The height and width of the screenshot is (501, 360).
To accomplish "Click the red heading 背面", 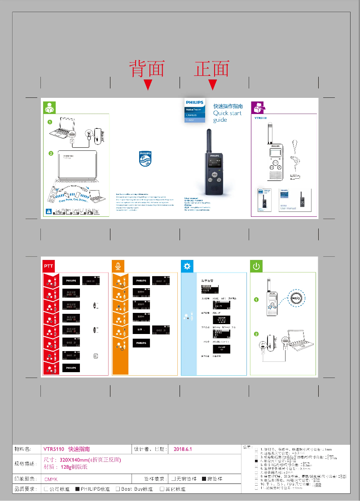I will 147,69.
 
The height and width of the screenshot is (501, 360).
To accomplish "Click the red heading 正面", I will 212,69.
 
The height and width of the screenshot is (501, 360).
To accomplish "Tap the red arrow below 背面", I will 148,84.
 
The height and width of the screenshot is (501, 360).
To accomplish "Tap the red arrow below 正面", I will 213,84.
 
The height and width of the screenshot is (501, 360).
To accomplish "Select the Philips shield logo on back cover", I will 145,158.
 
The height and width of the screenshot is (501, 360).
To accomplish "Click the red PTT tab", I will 48,266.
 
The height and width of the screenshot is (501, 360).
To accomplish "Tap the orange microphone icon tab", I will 118,266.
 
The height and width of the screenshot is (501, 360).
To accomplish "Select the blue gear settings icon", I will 187,266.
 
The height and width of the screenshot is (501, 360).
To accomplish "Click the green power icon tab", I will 256,266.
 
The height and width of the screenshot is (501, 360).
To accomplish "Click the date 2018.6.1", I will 183,449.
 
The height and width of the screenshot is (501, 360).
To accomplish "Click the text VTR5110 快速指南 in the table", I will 66,449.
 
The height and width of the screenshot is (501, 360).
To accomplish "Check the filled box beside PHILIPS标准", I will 77,489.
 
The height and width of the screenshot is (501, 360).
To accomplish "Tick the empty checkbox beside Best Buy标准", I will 118,489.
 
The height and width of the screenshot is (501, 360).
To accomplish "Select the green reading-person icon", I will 49,108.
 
